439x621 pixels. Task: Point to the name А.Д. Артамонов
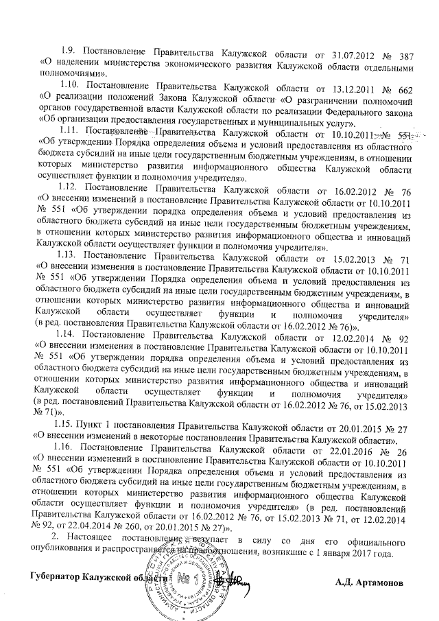click(370, 563)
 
